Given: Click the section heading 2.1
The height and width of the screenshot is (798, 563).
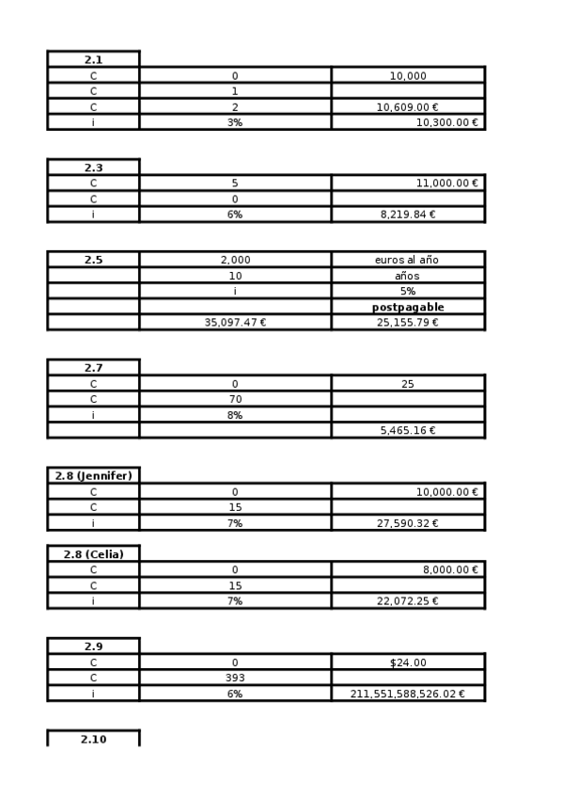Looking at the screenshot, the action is [93, 59].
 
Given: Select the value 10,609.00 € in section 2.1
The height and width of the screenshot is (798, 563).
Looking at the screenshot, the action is [407, 107].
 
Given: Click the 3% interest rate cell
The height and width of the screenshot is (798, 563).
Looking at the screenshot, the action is [234, 122].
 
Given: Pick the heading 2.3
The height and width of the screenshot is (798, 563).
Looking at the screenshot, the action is [93, 168].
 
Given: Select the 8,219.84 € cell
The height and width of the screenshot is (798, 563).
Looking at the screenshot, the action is [407, 215].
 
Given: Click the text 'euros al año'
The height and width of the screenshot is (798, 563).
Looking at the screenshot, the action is [407, 260].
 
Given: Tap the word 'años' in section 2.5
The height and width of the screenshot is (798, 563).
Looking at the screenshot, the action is [407, 276].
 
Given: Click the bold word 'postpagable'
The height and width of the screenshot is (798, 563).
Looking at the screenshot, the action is [407, 307].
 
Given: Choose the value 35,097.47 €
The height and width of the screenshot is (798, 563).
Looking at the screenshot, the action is [235, 323].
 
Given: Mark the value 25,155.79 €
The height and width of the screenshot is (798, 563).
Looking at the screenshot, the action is [407, 323].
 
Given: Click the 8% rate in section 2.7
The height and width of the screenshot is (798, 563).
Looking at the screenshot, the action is [234, 415].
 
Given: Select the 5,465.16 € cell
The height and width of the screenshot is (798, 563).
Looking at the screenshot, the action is [407, 430].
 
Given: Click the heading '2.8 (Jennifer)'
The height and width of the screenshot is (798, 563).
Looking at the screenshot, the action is [93, 475].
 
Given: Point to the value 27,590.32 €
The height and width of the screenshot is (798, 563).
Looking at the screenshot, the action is [407, 522].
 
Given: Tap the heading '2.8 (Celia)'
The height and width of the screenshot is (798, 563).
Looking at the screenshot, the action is [93, 553].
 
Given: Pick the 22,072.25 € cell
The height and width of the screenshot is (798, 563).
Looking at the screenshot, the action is [407, 600].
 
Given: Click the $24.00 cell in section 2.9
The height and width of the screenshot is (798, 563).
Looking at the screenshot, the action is [407, 662].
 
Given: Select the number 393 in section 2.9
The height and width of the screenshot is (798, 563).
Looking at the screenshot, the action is [234, 678].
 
